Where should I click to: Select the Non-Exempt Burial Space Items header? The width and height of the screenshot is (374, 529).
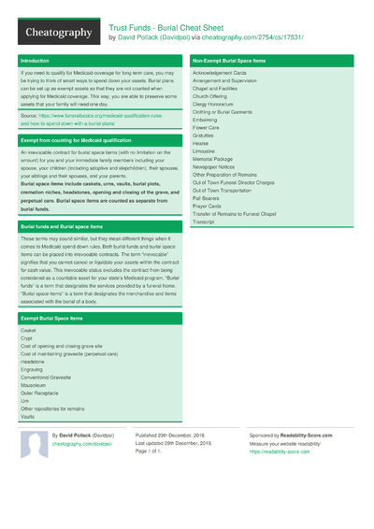[228, 61]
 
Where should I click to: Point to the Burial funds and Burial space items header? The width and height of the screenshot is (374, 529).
[62, 226]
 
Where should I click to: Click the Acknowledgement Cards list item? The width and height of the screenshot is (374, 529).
[220, 72]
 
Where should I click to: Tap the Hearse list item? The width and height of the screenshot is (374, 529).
[202, 142]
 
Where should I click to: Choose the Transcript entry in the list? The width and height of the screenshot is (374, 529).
[204, 222]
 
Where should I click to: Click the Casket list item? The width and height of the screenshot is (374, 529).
[28, 331]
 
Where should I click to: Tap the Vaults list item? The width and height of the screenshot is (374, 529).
[28, 417]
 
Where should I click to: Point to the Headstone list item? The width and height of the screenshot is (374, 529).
[33, 362]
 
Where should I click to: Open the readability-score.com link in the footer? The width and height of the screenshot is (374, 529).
[280, 451]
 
